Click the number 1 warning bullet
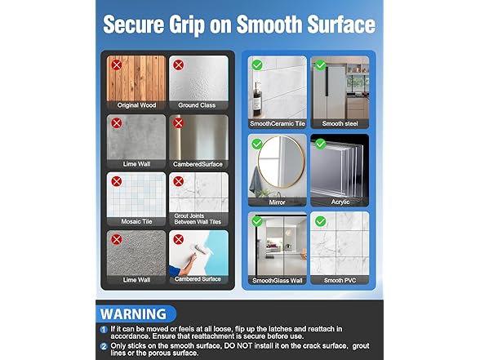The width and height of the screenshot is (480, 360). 104,329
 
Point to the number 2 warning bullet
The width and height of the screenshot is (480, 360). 104,346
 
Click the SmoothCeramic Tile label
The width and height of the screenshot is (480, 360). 277,123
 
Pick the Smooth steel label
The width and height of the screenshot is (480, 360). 339,123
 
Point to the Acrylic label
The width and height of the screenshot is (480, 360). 339,201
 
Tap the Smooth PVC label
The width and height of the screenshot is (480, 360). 339,280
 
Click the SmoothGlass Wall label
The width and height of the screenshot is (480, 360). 277,280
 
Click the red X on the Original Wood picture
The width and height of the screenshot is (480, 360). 117,64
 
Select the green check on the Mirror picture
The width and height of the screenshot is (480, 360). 257,144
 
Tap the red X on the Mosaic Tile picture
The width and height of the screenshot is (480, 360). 117,180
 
